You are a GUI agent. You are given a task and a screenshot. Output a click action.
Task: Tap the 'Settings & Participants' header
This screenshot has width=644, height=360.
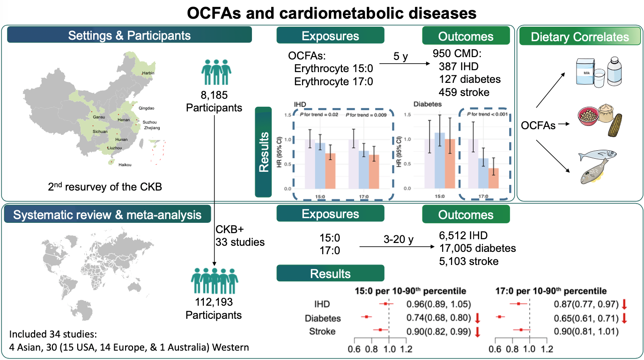tap(129, 36)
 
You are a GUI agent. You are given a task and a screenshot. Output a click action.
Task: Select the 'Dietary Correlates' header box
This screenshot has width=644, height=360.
tap(580, 37)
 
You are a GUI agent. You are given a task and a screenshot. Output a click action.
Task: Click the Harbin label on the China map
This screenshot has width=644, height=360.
tap(148, 73)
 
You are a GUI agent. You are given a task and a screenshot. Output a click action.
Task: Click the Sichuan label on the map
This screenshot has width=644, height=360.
tap(100, 132)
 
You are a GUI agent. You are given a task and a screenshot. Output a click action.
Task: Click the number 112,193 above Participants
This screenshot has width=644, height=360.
tap(214, 302)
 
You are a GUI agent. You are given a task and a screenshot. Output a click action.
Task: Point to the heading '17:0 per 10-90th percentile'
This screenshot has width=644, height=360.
tap(551, 291)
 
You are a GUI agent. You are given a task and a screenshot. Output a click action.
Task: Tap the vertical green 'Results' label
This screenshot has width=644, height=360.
tap(263, 152)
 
